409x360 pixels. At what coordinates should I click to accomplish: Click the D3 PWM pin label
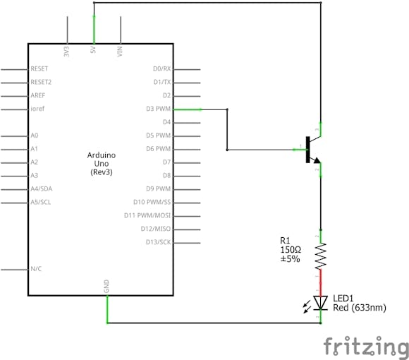(158, 109)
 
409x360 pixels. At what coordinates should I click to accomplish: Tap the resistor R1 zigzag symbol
(321, 255)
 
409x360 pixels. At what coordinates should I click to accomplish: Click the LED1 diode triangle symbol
(321, 303)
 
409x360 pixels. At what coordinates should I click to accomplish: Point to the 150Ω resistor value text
(291, 249)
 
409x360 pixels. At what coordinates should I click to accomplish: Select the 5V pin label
(94, 52)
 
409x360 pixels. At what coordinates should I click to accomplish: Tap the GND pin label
(107, 286)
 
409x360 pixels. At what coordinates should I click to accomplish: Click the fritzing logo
(366, 346)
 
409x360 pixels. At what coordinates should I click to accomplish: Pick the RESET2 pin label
(41, 82)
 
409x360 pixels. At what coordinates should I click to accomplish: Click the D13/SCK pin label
(157, 242)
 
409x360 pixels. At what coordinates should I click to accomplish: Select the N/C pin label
(36, 269)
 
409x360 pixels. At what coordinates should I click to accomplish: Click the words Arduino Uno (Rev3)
(102, 163)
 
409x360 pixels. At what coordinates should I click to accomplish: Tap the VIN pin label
(121, 52)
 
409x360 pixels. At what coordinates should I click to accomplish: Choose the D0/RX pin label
(161, 68)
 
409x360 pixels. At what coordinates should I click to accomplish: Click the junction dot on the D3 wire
(227, 150)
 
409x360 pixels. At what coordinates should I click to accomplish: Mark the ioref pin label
(38, 109)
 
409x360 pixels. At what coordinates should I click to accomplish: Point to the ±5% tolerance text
(290, 259)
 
